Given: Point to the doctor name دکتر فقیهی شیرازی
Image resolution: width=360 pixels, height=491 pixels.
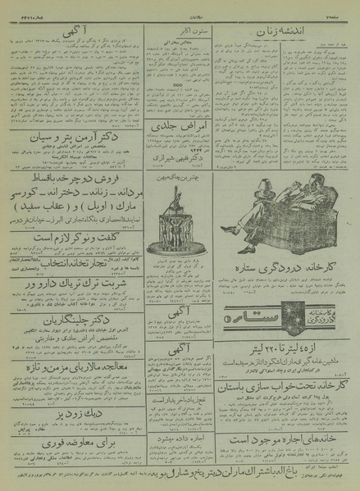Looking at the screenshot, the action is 179,161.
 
